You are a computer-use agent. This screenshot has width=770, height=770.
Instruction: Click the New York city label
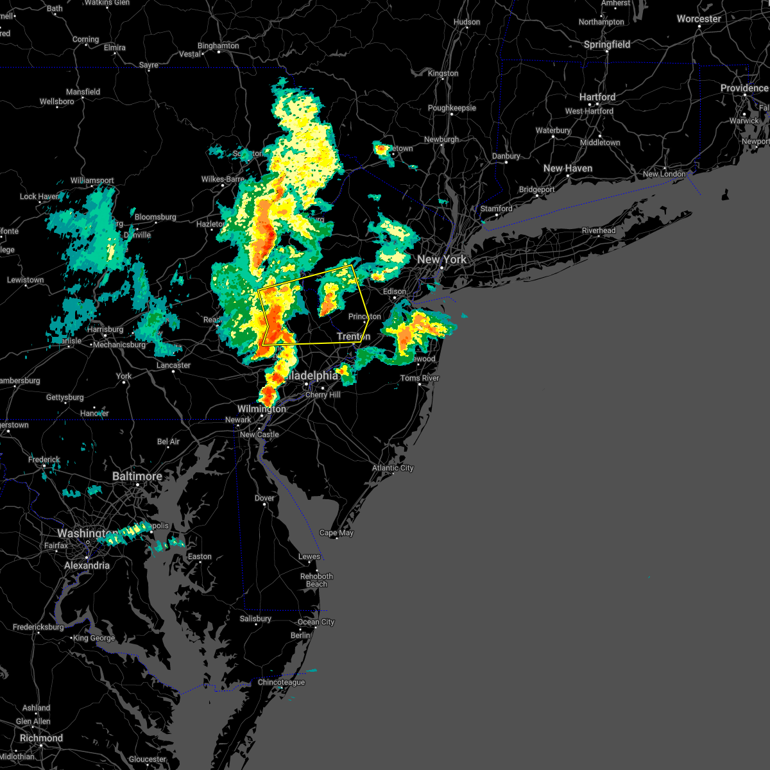pyautogui.click(x=442, y=259)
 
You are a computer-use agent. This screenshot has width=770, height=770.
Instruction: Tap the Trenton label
pyautogui.click(x=354, y=336)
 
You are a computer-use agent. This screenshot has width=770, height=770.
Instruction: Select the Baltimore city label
pyautogui.click(x=137, y=476)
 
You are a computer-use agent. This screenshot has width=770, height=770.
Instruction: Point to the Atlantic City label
pyautogui.click(x=393, y=468)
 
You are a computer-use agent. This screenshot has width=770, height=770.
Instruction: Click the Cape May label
pyautogui.click(x=336, y=533)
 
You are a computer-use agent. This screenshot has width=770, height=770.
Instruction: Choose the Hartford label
pyautogui.click(x=597, y=97)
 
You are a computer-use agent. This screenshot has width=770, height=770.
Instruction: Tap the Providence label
pyautogui.click(x=744, y=88)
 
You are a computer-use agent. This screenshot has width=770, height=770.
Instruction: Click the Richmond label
pyautogui.click(x=41, y=738)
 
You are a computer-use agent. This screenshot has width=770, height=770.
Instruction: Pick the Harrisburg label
pyautogui.click(x=105, y=329)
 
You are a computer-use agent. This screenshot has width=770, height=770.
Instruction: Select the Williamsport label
pyautogui.click(x=92, y=180)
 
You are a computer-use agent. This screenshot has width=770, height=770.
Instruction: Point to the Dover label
pyautogui.click(x=264, y=498)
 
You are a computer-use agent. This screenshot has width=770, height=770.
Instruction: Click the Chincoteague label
pyautogui.click(x=281, y=682)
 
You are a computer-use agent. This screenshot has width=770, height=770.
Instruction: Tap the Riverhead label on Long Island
pyautogui.click(x=599, y=230)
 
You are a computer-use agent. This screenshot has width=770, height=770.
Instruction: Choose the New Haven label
pyautogui.click(x=568, y=168)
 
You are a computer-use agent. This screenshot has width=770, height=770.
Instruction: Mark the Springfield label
pyautogui.click(x=607, y=44)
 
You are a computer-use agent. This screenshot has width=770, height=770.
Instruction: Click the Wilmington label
pyautogui.click(x=262, y=409)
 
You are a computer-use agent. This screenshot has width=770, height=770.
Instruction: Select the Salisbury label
pyautogui.click(x=255, y=619)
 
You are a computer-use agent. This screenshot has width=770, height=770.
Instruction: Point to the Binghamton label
pyautogui.click(x=218, y=46)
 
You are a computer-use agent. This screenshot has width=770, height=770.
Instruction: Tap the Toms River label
pyautogui.click(x=420, y=378)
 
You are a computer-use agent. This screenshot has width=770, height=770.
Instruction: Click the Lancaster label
pyautogui.click(x=173, y=365)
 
